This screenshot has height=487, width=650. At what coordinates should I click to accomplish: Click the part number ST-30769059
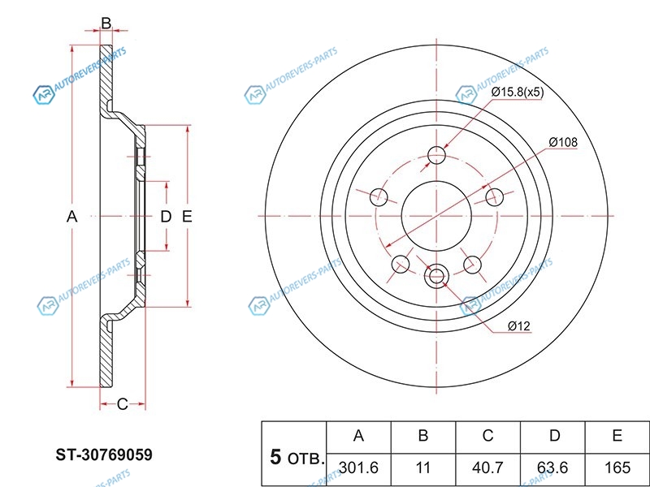(103, 455)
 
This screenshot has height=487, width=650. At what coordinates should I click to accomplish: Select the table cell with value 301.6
(357, 467)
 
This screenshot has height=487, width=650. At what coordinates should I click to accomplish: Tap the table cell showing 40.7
(487, 467)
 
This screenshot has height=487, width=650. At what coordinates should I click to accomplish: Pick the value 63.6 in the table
(553, 467)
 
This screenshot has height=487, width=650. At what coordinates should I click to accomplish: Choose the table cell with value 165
(617, 467)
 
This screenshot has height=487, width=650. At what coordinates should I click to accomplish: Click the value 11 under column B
(422, 467)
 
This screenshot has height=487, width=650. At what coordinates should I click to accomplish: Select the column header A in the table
(357, 436)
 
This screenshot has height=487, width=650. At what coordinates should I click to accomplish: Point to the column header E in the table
(617, 436)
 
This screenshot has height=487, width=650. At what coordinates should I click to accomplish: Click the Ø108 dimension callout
(562, 142)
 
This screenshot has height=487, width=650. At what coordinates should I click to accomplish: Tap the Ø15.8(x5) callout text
(518, 92)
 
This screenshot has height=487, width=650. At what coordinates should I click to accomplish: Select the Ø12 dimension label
(518, 326)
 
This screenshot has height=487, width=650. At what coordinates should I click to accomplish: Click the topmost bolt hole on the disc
(438, 154)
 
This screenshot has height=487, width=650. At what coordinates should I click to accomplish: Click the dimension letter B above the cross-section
(106, 24)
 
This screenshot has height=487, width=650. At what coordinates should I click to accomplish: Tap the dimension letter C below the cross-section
(122, 403)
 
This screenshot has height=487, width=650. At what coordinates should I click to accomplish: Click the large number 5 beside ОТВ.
(275, 457)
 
